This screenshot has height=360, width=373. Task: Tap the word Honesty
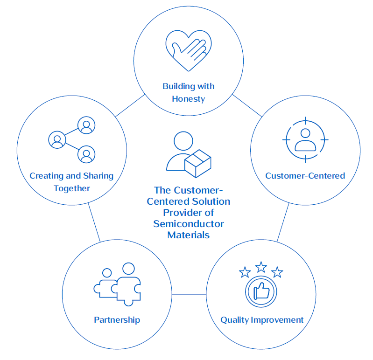(188, 99)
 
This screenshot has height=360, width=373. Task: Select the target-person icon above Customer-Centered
(305, 139)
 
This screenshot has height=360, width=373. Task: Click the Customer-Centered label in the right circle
(305, 176)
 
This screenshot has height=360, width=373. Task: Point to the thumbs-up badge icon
(261, 291)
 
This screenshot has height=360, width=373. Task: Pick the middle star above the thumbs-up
(261, 267)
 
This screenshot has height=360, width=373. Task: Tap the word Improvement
(277, 320)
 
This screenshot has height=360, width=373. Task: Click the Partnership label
(117, 320)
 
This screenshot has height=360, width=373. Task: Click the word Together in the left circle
(71, 188)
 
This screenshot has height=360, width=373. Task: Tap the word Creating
(46, 176)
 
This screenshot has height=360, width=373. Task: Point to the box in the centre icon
(197, 165)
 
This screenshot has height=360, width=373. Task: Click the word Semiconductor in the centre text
(189, 224)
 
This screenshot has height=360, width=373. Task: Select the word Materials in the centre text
(189, 235)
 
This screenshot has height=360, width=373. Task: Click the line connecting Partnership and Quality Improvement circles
(189, 294)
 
